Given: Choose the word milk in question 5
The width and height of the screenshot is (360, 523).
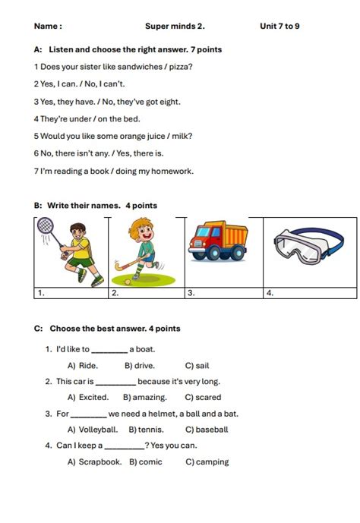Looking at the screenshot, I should (x=182, y=136).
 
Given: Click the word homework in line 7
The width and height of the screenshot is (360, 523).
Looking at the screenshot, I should (x=172, y=171).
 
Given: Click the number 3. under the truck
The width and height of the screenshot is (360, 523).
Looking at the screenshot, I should (x=191, y=292).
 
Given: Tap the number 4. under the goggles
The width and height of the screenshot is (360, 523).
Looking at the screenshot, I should (x=270, y=292).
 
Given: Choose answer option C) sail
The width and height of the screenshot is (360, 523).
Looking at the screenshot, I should (x=197, y=365).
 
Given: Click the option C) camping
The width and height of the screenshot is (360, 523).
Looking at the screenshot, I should (x=207, y=462).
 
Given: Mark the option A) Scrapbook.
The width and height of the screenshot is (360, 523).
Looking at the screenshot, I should (x=94, y=462).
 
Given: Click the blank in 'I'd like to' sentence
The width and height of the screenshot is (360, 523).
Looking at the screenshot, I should (x=109, y=350).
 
